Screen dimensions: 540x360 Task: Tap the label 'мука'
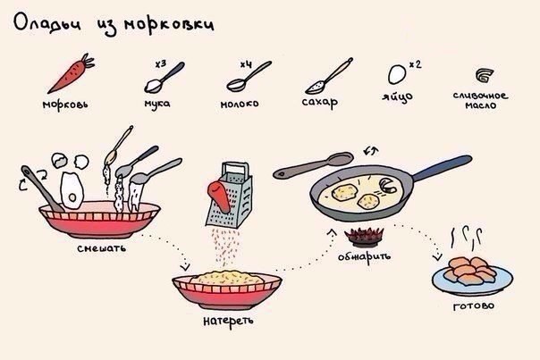click(157, 104)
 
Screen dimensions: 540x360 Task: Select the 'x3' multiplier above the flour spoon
click(161, 64)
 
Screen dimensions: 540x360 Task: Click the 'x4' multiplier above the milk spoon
click(246, 64)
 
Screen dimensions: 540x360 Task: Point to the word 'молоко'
click(240, 104)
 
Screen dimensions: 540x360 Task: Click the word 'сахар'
click(320, 102)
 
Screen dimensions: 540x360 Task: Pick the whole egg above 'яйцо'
click(397, 74)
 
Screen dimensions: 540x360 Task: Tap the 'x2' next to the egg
click(416, 64)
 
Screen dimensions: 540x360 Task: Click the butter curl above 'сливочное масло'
click(485, 75)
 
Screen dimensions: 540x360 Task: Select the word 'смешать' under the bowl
click(102, 248)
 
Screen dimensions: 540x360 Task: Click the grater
click(230, 195)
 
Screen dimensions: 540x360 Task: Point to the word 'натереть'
click(228, 321)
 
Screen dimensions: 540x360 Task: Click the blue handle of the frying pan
click(442, 168)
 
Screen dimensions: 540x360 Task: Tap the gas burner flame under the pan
click(365, 235)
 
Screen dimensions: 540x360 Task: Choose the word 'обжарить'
click(365, 256)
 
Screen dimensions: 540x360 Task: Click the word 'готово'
click(474, 306)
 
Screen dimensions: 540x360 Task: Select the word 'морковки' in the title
click(169, 25)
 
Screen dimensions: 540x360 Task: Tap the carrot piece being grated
click(219, 197)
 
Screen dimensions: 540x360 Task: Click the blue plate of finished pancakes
click(472, 280)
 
